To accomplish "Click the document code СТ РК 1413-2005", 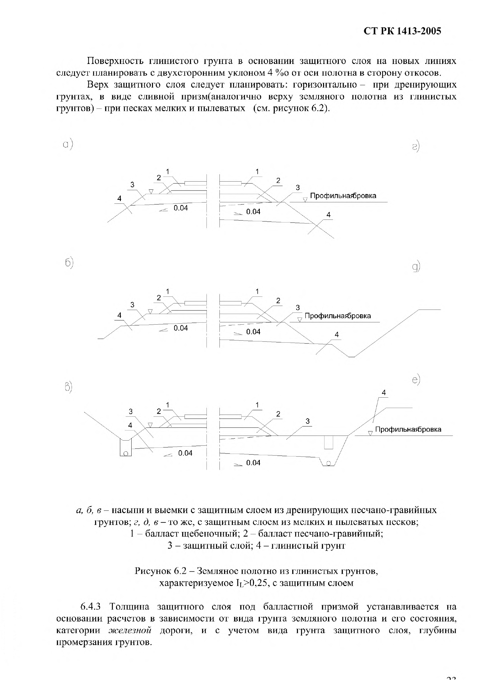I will [402, 31].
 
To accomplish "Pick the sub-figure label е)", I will [416, 380].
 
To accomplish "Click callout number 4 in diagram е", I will [384, 393].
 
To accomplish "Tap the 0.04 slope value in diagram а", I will [181, 208].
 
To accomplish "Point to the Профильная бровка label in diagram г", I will [343, 196].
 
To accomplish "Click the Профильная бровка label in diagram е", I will [408, 429].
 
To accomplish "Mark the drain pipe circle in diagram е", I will [329, 463].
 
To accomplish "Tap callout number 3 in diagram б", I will [132, 305].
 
